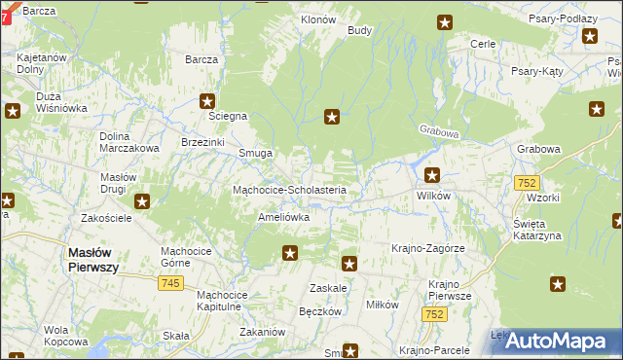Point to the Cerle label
(x=483, y=44)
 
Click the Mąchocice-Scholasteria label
(x=289, y=190)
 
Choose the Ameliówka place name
(x=283, y=217)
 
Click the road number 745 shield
(x=169, y=282)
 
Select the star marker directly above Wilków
(x=432, y=176)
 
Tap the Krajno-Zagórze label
(x=428, y=248)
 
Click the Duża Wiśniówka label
(x=61, y=102)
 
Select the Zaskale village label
(x=328, y=288)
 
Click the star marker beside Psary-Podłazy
(x=590, y=37)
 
